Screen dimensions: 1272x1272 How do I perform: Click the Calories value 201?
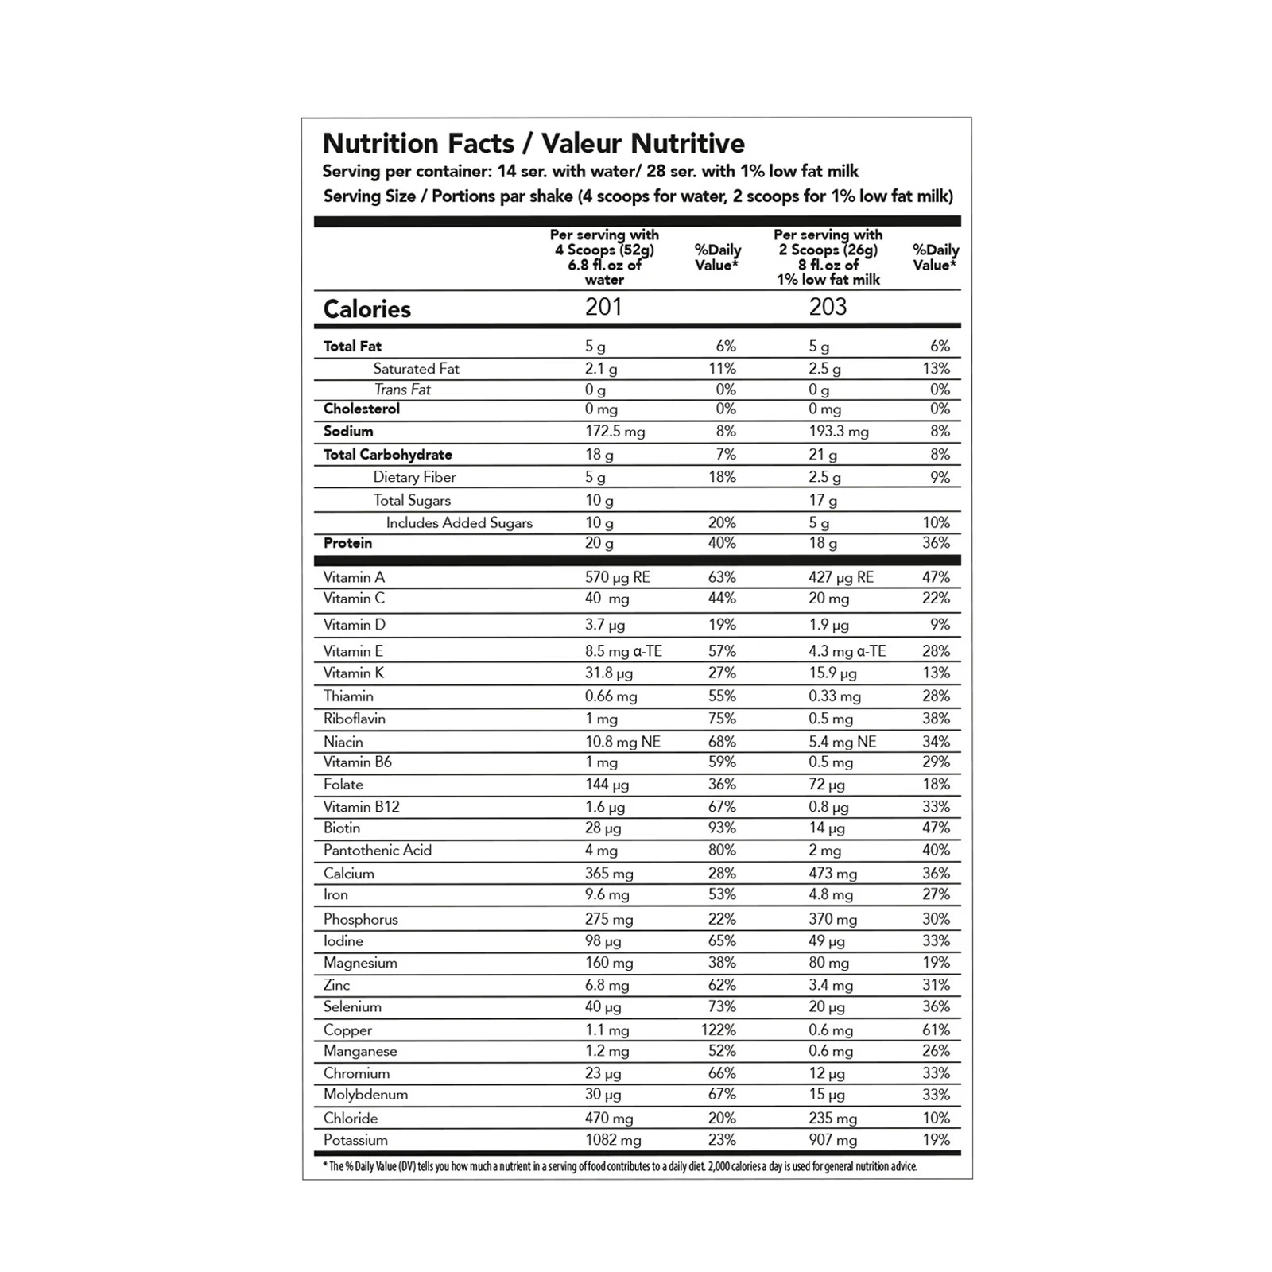pyautogui.click(x=603, y=307)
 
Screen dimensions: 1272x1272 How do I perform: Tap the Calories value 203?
pyautogui.click(x=828, y=307)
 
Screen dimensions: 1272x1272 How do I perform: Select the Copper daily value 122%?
pyautogui.click(x=718, y=1030)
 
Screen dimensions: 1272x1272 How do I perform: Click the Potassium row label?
pyautogui.click(x=355, y=1140)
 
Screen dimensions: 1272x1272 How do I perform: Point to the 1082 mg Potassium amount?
pyautogui.click(x=613, y=1140)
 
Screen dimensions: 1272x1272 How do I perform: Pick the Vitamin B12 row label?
pyautogui.click(x=361, y=806)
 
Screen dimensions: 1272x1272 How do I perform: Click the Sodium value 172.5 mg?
pyautogui.click(x=615, y=432)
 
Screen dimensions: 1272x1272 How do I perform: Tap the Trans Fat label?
pyautogui.click(x=402, y=390)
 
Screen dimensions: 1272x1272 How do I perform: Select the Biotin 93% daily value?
pyautogui.click(x=722, y=828)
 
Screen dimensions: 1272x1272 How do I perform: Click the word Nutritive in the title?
pyautogui.click(x=688, y=143)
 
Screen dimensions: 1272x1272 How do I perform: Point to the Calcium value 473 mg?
pyautogui.click(x=832, y=874)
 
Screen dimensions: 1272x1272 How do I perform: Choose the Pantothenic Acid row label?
pyautogui.click(x=377, y=850)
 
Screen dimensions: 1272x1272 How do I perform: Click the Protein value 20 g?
pyautogui.click(x=599, y=543)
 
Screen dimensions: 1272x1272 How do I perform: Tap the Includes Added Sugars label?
pyautogui.click(x=459, y=522)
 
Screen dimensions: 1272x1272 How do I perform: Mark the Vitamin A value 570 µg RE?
pyautogui.click(x=617, y=577)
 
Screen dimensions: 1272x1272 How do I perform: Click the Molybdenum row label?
pyautogui.click(x=365, y=1094)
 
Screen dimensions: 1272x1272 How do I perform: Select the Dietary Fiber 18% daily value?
pyautogui.click(x=722, y=477)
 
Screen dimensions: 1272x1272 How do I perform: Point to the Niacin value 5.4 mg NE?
pyautogui.click(x=842, y=742)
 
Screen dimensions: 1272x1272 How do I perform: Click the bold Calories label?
pyautogui.click(x=366, y=309)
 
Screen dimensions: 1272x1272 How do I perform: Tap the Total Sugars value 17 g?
pyautogui.click(x=822, y=500)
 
